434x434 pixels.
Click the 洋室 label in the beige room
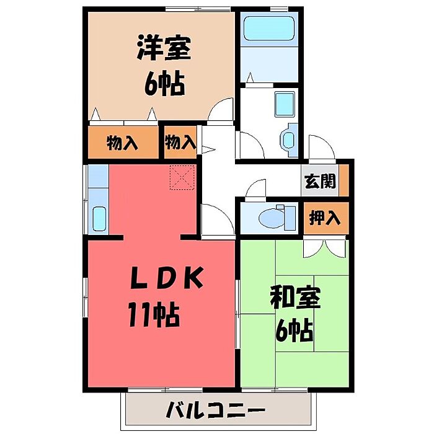[x=164, y=47]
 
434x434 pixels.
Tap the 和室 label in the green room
[x=295, y=298]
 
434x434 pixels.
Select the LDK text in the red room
[x=167, y=277]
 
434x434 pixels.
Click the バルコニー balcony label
[x=215, y=409]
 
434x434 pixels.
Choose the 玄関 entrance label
[x=320, y=181]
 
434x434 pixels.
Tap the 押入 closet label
[x=324, y=218]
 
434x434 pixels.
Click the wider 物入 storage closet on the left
[x=123, y=142]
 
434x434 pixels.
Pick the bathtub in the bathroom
[x=268, y=28]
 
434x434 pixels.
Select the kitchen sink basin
[x=99, y=219]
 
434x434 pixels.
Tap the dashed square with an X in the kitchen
[x=182, y=177]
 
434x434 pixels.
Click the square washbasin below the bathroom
[x=284, y=104]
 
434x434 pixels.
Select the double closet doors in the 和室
[x=324, y=248]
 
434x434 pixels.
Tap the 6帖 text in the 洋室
[x=164, y=83]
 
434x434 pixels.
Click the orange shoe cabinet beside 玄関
[x=343, y=180]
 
